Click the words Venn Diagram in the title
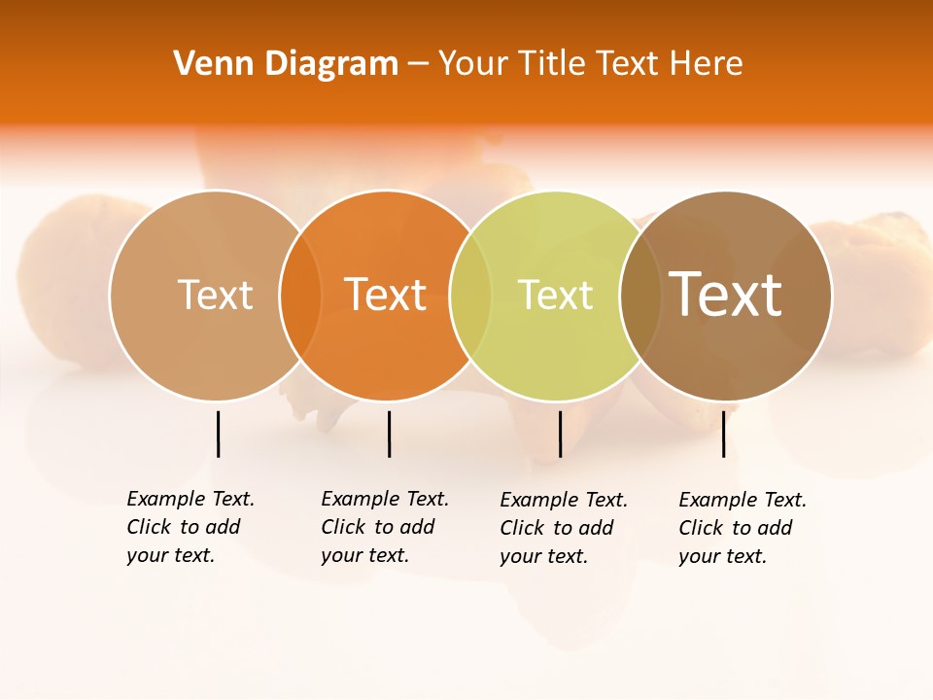point(286,64)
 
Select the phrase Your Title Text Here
point(590,64)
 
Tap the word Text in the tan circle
point(215,295)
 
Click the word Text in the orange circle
point(386,295)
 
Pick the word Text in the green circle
point(556,295)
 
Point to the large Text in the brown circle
point(726,294)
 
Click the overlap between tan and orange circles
point(300,295)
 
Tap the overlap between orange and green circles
point(470,295)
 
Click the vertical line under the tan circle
point(219,434)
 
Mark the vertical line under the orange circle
point(389,434)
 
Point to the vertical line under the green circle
point(560,434)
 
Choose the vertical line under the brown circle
point(723,434)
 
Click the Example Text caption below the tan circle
point(190,527)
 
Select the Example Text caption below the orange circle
point(384,527)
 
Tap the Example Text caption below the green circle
point(563,528)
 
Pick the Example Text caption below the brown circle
point(742,528)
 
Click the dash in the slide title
point(418,64)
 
